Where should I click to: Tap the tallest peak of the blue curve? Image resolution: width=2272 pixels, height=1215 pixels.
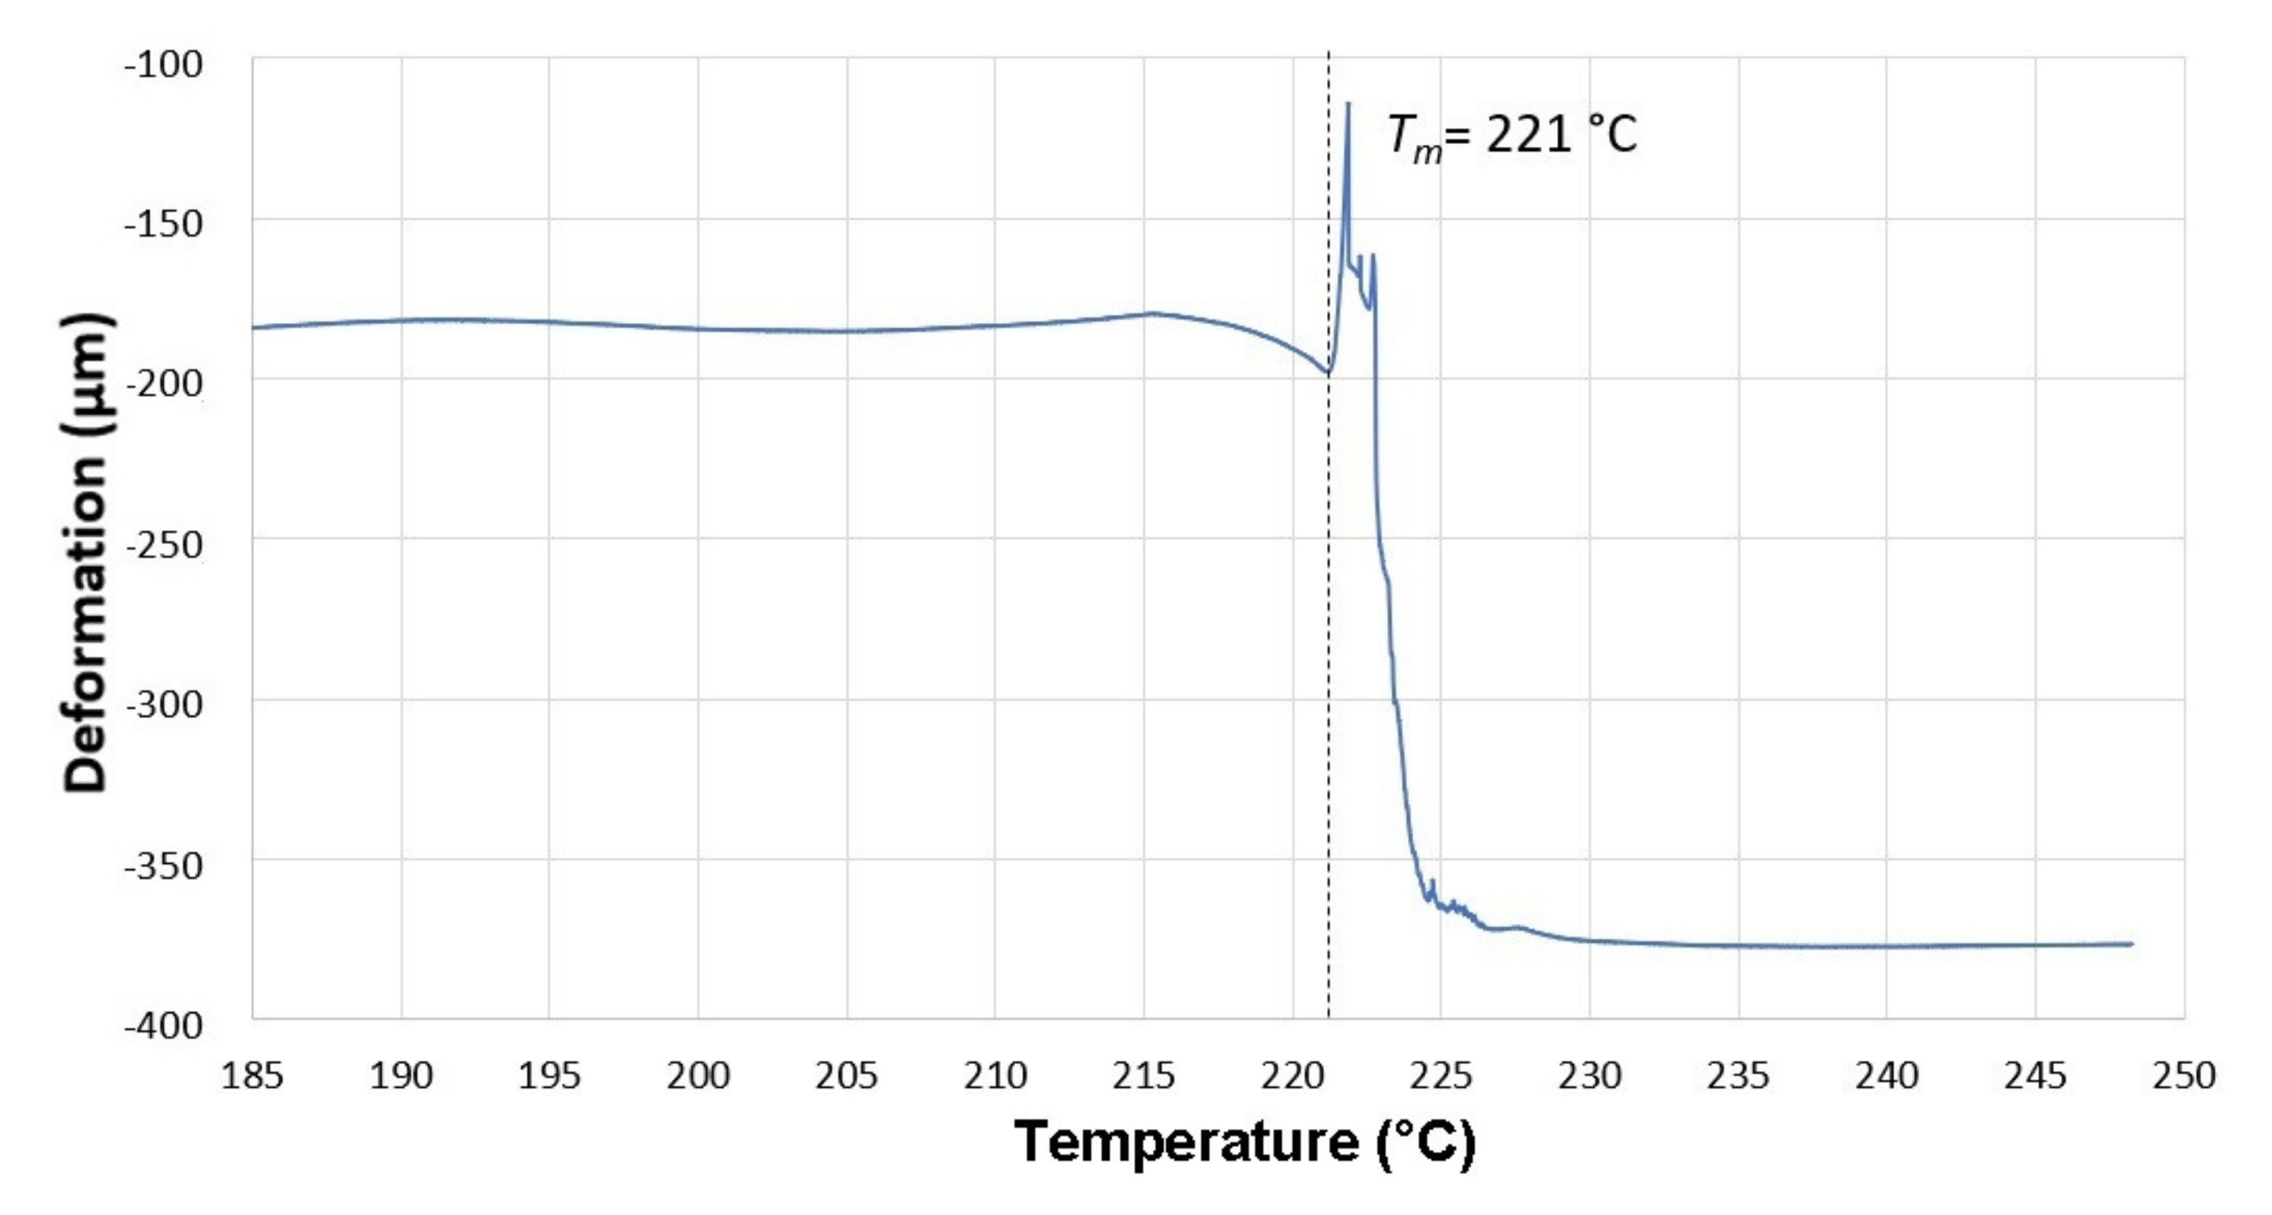click(1347, 104)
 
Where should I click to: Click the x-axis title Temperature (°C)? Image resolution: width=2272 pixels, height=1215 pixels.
click(1245, 1142)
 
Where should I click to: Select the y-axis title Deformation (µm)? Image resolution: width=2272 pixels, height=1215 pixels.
click(85, 554)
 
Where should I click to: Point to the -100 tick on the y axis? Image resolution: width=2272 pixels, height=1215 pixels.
click(163, 63)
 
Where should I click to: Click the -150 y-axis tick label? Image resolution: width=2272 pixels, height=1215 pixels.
click(163, 224)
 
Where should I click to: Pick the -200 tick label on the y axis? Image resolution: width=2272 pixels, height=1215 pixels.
click(163, 384)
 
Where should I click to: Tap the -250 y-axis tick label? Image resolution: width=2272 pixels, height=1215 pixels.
click(163, 544)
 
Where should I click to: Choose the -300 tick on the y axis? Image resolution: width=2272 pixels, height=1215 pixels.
click(163, 705)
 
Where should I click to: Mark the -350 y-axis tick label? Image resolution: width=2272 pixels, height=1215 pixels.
click(163, 865)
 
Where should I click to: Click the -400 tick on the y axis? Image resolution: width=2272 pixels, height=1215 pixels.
click(163, 1025)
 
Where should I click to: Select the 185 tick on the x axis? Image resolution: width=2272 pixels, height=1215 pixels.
click(252, 1076)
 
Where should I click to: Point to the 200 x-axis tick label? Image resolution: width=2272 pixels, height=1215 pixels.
click(697, 1076)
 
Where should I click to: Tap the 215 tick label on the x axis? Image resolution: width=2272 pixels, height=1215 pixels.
click(1144, 1076)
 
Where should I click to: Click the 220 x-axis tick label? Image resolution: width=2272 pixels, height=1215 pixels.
click(1292, 1076)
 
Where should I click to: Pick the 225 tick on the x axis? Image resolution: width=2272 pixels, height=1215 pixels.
click(1441, 1076)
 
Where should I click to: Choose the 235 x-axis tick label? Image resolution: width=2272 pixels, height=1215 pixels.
click(1738, 1076)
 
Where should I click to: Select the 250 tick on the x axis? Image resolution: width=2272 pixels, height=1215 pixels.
click(2184, 1076)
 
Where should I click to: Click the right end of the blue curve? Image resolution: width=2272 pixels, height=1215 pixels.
click(2132, 943)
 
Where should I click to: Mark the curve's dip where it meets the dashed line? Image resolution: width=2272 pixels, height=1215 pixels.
click(1328, 373)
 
